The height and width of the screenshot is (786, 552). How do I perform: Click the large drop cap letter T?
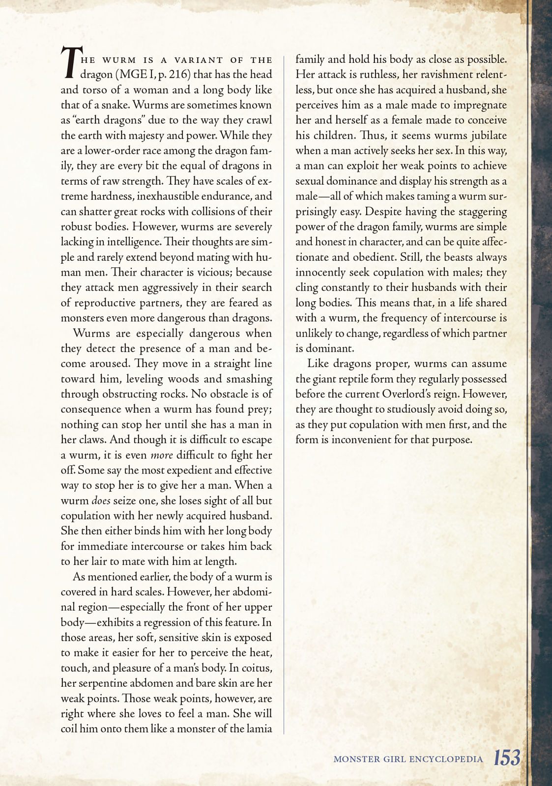coord(69,63)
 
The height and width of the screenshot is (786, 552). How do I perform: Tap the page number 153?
coord(507,758)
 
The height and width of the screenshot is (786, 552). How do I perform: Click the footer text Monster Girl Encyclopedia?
coord(408,759)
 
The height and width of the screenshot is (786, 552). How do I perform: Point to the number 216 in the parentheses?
coord(178,75)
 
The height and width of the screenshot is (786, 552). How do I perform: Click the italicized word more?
coord(161,455)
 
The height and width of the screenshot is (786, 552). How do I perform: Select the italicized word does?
coord(101,501)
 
